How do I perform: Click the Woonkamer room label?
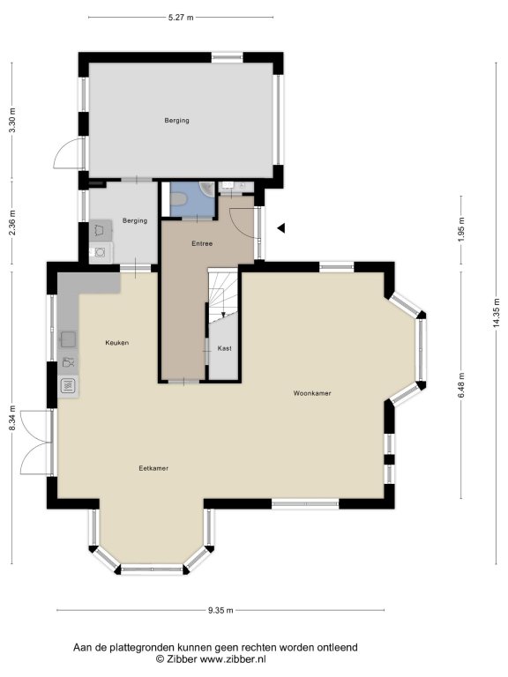pos(312,393)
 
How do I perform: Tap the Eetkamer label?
pos(153,468)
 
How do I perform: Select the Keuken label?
pos(117,343)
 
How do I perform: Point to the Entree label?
pos(202,243)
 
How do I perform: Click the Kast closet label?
pos(225,348)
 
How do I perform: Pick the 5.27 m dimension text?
pos(181,18)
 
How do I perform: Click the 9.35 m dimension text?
pos(220,610)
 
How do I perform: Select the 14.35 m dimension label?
pos(497,313)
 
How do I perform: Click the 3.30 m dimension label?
pos(12,120)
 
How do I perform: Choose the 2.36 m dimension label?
pos(12,222)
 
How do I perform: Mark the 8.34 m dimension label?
pos(12,418)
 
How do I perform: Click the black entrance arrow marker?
pos(281,228)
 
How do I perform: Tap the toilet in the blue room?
pos(178,199)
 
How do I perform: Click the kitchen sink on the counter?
pos(68,339)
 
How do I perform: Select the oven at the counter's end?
pos(68,385)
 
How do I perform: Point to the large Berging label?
pos(176,121)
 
